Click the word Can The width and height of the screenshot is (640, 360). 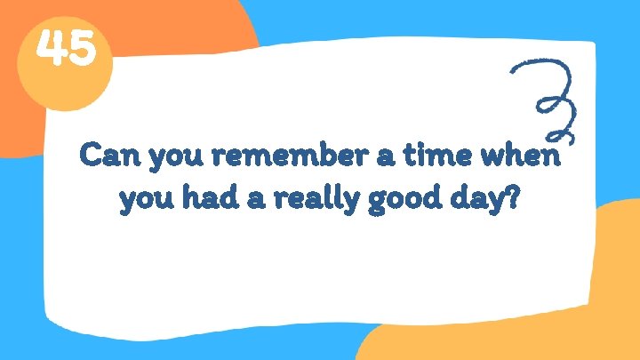(x=110, y=158)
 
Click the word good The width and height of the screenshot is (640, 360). (x=403, y=201)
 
